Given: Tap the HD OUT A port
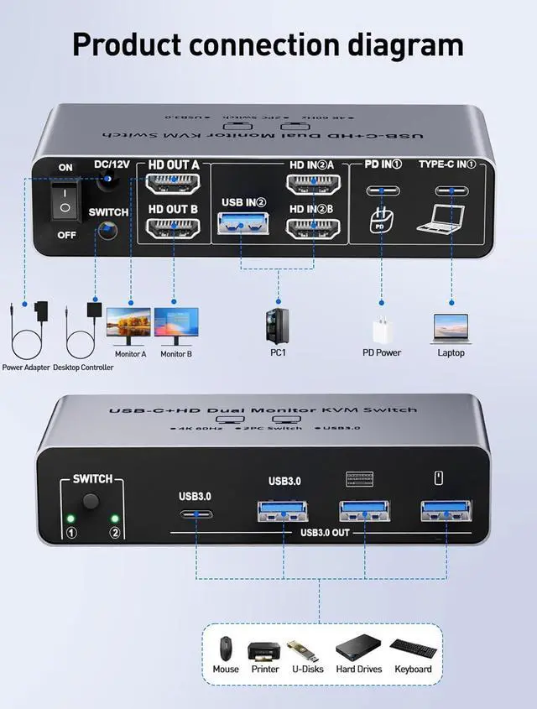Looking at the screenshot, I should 173,184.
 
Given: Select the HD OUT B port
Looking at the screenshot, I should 173,228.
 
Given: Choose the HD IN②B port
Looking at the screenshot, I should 313,228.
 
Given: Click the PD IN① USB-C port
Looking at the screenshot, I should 383,190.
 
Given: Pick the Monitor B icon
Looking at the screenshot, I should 176,326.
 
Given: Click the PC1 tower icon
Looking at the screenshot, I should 277,326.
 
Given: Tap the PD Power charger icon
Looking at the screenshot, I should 381,329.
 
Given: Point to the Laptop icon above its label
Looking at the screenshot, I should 449,326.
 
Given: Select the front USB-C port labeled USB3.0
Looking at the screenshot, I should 194,515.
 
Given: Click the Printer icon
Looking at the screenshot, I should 263,650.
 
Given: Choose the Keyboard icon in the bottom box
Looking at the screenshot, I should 412,649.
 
